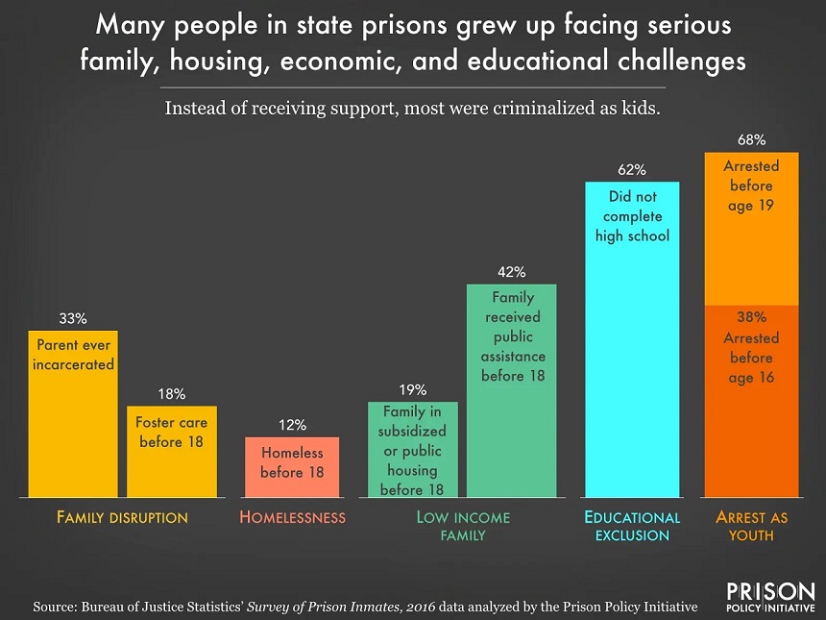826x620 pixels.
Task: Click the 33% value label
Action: coord(73,318)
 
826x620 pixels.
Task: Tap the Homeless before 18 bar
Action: coord(292,466)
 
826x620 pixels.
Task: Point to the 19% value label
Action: coord(412,390)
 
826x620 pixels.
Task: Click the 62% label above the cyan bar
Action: coord(632,170)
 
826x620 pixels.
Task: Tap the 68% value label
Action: coord(751,140)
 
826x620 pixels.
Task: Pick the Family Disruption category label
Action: coord(122,517)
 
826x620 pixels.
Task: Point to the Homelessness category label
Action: coord(292,517)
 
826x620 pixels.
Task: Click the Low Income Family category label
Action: coord(462,526)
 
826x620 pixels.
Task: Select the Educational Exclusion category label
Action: coord(632,526)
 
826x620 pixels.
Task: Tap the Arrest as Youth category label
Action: coord(751,526)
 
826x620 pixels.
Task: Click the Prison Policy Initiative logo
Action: coord(770,598)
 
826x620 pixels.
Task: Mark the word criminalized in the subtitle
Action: coord(505,108)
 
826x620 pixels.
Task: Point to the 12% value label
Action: coord(292,424)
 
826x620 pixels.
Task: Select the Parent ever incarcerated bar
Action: coord(73,413)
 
